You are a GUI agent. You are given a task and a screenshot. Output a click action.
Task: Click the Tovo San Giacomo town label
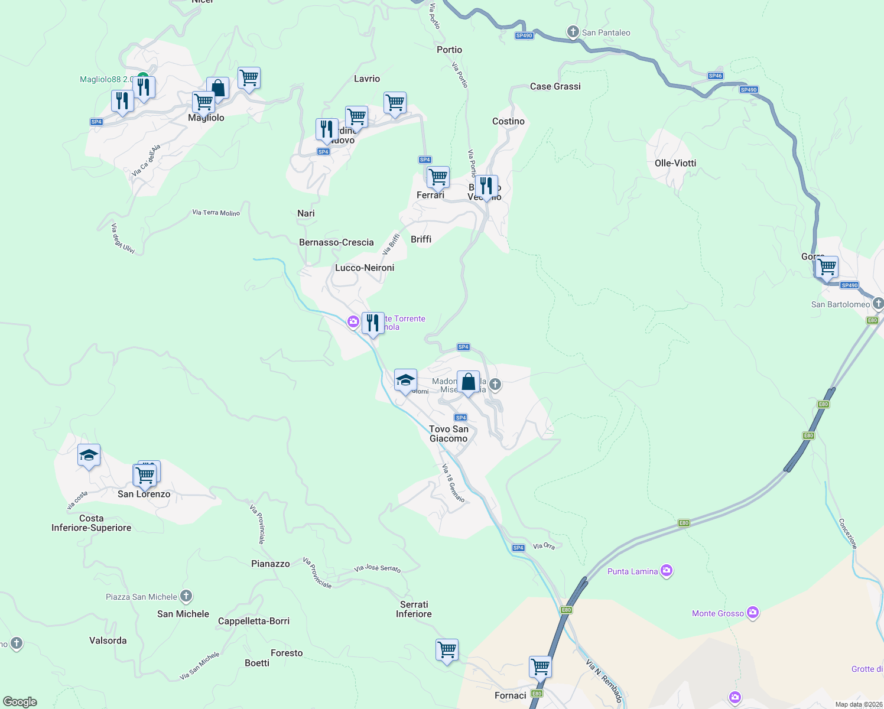448,434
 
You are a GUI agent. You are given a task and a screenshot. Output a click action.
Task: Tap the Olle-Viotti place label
675,163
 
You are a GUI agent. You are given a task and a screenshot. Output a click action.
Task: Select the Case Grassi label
555,86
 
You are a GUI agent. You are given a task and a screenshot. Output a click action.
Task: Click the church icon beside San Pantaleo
573,32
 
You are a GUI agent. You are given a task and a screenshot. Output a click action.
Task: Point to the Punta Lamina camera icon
667,571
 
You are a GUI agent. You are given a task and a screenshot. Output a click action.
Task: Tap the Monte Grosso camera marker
752,613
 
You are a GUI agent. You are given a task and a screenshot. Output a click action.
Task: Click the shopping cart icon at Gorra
827,266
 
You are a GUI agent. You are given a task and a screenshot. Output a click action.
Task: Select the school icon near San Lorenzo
89,455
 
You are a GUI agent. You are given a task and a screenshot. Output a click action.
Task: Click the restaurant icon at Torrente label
373,323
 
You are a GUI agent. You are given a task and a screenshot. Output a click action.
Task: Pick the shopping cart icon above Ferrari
438,176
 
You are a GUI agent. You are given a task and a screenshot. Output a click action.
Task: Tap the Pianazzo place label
271,564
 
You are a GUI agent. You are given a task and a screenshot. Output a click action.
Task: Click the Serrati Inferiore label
414,609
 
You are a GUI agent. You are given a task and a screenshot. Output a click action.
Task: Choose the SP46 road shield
715,76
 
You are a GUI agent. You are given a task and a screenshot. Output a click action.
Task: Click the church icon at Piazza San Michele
186,596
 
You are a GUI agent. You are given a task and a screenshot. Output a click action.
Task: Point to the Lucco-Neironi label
365,268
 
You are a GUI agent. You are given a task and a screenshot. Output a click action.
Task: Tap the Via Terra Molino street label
216,213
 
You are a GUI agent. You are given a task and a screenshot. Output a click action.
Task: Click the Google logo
20,702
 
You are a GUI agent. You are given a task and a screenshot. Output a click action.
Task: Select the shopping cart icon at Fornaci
540,666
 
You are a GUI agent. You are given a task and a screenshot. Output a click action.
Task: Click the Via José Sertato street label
377,568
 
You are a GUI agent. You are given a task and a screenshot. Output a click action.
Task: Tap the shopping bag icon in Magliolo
217,88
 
